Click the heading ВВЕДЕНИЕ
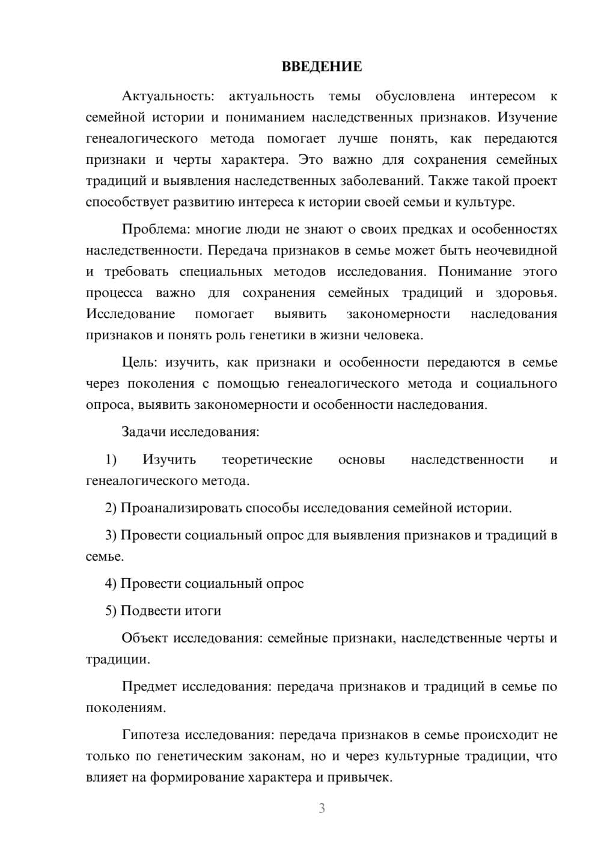[322, 67]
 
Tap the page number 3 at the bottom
[322, 808]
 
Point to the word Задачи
[144, 432]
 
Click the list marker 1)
[111, 459]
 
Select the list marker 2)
[111, 508]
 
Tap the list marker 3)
[111, 535]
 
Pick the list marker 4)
[111, 584]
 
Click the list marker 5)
[111, 611]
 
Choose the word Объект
[145, 638]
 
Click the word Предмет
[149, 686]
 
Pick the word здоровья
[526, 293]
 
